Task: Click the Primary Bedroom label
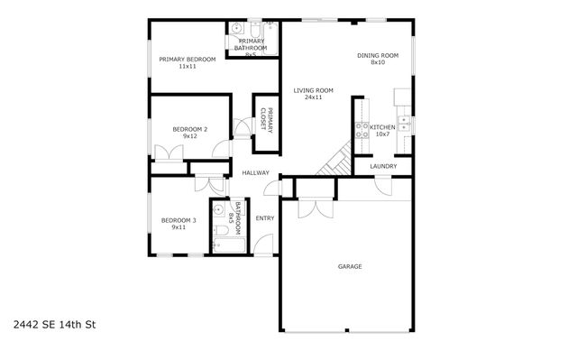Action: click(x=187, y=63)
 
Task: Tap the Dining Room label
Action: click(x=377, y=59)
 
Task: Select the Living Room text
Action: click(x=313, y=93)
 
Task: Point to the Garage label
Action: click(x=350, y=266)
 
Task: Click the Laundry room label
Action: click(x=384, y=166)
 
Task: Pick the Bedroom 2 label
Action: click(x=189, y=133)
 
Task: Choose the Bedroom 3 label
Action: click(x=179, y=224)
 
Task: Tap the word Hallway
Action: click(x=255, y=172)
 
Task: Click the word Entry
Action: click(x=264, y=217)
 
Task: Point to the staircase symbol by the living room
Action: click(x=337, y=162)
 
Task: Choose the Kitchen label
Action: click(x=382, y=132)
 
